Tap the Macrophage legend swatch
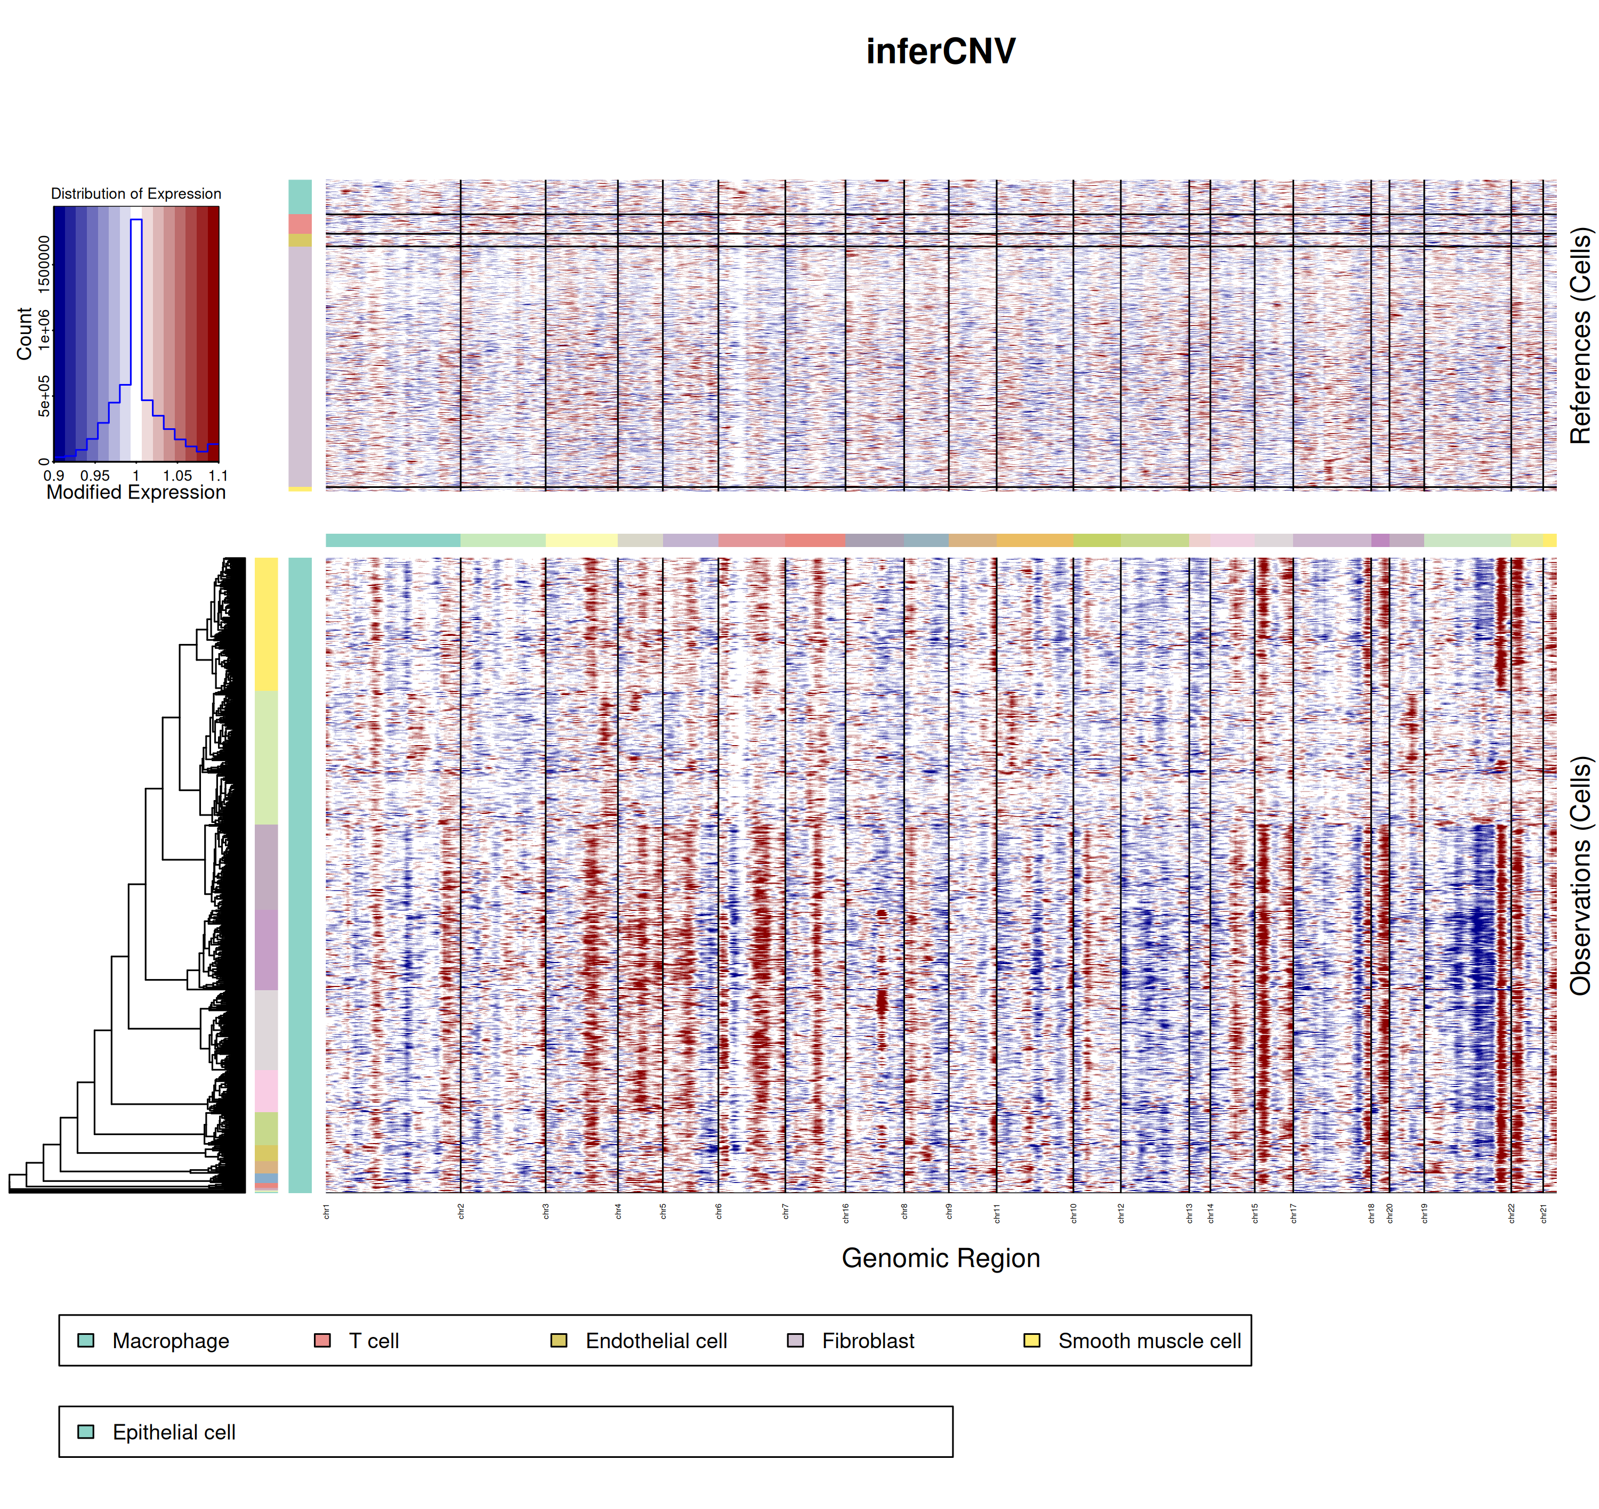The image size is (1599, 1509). tap(86, 1340)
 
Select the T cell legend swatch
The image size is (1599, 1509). tap(322, 1340)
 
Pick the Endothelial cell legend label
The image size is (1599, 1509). tap(656, 1341)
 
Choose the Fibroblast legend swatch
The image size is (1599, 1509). tap(795, 1340)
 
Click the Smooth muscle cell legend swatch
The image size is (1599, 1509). tap(1032, 1340)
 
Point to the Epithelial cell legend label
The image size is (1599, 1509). tap(174, 1433)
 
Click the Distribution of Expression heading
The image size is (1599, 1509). tap(136, 194)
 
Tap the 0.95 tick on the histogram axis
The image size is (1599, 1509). tap(95, 475)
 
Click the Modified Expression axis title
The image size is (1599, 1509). tap(136, 492)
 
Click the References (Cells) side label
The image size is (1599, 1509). tap(1580, 336)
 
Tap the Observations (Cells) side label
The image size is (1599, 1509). tap(1580, 875)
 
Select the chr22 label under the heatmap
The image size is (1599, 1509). tap(1511, 1213)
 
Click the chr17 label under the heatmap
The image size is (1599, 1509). tap(1293, 1213)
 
